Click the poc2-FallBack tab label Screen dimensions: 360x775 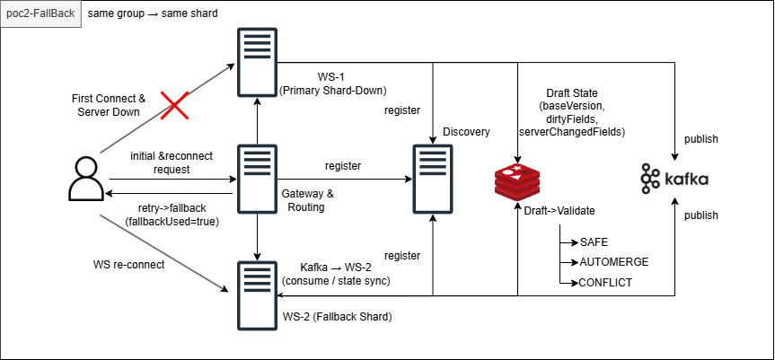[x=40, y=15]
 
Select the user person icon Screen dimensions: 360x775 [x=84, y=178]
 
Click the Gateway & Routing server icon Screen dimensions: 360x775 [x=258, y=177]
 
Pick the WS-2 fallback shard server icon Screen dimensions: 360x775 [x=258, y=294]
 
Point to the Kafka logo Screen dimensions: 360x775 [x=674, y=179]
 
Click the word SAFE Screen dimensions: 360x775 [x=594, y=243]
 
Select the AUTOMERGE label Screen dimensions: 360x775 [x=614, y=262]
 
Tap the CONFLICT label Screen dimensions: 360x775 [x=606, y=282]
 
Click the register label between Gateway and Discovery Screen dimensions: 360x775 [x=343, y=166]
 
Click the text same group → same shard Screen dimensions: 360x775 [x=153, y=15]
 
